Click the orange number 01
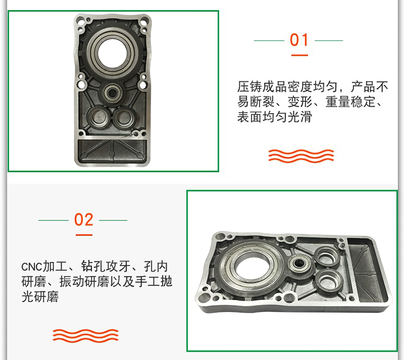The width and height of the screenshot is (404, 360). [x=299, y=40]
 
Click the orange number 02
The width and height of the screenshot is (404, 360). [x=83, y=220]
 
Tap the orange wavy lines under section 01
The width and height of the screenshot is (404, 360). [x=301, y=156]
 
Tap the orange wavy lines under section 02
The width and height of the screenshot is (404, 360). [x=86, y=336]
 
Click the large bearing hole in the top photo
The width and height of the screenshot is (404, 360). [x=112, y=53]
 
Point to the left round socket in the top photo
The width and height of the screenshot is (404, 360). [x=99, y=117]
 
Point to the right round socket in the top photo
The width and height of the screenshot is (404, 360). [x=124, y=117]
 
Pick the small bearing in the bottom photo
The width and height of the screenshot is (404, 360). [x=299, y=264]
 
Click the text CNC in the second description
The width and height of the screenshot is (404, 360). [x=31, y=267]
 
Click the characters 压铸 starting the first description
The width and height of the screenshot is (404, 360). [x=249, y=87]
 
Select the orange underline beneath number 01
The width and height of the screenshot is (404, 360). [x=299, y=55]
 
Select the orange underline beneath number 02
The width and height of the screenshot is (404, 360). [x=84, y=235]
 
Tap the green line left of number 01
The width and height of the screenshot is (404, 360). [x=269, y=40]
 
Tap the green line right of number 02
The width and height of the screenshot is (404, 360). [x=113, y=220]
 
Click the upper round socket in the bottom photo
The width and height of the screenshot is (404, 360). [x=327, y=257]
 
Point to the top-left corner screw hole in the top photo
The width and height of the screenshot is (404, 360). [x=81, y=19]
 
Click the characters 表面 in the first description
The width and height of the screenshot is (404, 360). [x=249, y=117]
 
